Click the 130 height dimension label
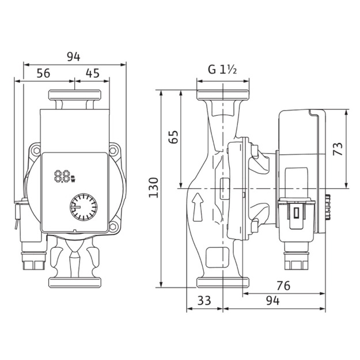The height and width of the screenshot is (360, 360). pyautogui.click(x=153, y=187)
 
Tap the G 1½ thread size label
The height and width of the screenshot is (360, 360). pyautogui.click(x=222, y=69)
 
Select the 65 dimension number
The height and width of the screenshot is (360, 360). pyautogui.click(x=173, y=137)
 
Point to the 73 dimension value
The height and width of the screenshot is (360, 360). pyautogui.click(x=338, y=149)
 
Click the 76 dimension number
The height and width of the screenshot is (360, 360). pyautogui.click(x=283, y=286)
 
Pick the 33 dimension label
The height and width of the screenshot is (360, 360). pyautogui.click(x=204, y=300)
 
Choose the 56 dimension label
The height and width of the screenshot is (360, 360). pyautogui.click(x=43, y=73)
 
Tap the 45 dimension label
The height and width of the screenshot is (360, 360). pyautogui.click(x=93, y=73)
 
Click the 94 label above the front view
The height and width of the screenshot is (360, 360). pyautogui.click(x=74, y=56)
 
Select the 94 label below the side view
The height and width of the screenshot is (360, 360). pyautogui.click(x=273, y=301)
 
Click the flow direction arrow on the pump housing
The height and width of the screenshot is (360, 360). pyautogui.click(x=198, y=207)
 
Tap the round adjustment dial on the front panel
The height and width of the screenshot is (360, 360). pyautogui.click(x=84, y=207)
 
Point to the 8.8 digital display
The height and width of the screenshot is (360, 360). pyautogui.click(x=65, y=176)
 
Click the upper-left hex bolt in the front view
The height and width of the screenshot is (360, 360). pyautogui.click(x=36, y=151)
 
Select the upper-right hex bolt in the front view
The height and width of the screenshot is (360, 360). pyautogui.click(x=113, y=151)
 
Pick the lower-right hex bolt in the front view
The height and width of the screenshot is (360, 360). pyautogui.click(x=113, y=226)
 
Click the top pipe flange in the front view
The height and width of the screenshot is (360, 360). pyautogui.click(x=75, y=95)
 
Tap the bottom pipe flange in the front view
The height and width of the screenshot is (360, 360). pyautogui.click(x=75, y=282)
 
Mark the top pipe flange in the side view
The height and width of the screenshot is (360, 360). pyautogui.click(x=223, y=95)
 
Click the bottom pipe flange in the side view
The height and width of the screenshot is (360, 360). pyautogui.click(x=223, y=282)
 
